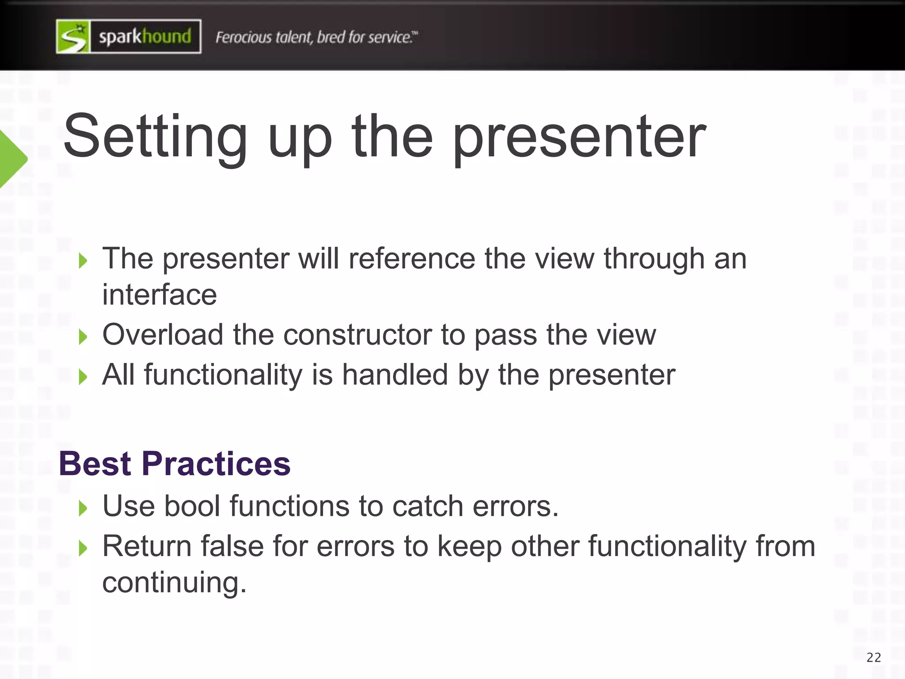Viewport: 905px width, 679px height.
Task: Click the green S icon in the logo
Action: [x=73, y=37]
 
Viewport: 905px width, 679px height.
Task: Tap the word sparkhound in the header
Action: [x=145, y=37]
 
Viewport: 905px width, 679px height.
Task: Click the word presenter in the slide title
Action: [x=579, y=137]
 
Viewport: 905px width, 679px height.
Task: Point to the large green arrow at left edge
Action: [x=12, y=159]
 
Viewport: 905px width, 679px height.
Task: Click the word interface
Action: [x=160, y=295]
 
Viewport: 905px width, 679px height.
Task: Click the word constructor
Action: [x=357, y=335]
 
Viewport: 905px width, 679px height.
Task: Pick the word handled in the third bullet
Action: [x=395, y=375]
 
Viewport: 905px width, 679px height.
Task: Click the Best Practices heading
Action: [x=175, y=464]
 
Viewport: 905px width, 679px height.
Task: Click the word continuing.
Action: [x=174, y=582]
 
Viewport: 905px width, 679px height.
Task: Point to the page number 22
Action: [x=874, y=658]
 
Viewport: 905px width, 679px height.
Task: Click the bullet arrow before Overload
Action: [x=83, y=337]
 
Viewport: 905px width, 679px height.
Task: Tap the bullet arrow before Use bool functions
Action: [x=83, y=508]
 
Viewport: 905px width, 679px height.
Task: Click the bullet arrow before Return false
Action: [x=83, y=549]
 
